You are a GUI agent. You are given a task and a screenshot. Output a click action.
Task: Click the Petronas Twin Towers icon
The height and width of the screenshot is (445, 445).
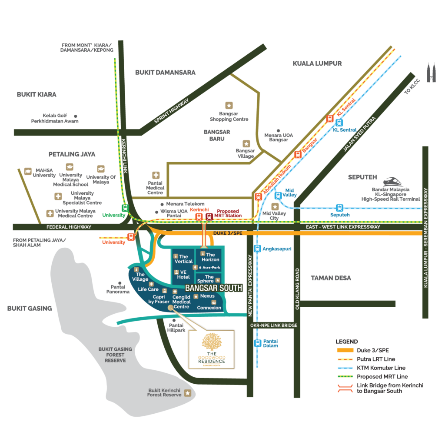point(431,73)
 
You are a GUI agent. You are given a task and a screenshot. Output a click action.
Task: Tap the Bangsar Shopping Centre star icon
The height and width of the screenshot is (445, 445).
point(229,105)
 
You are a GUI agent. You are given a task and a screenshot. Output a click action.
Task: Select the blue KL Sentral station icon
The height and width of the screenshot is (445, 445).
point(339,123)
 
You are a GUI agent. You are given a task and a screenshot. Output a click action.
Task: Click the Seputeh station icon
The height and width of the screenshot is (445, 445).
point(339,208)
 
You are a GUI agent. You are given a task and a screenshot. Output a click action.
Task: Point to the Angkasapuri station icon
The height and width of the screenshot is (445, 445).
point(257,249)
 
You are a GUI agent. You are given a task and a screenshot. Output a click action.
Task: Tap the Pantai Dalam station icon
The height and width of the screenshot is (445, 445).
point(257,343)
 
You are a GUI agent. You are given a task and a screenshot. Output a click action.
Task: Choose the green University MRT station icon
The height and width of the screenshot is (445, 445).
point(125,208)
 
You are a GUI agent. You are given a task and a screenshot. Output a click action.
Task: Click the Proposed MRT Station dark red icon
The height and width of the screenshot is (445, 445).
point(209,217)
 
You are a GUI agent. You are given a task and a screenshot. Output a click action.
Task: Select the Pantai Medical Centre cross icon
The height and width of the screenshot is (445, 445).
point(156,175)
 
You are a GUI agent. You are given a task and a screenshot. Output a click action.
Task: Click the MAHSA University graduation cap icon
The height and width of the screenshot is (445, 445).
point(28,171)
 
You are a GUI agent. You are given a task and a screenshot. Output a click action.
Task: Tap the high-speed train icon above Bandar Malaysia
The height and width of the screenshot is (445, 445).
point(393,182)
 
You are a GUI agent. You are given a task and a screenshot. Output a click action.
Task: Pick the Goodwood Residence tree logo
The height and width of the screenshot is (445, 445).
point(212,342)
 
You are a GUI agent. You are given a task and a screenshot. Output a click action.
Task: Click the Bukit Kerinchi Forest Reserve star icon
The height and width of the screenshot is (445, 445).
point(188,393)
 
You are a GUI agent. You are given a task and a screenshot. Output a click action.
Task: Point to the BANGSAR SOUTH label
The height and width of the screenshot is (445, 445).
point(214,288)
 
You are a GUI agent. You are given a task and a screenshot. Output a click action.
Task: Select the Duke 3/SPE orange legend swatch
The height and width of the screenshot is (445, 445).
point(345,350)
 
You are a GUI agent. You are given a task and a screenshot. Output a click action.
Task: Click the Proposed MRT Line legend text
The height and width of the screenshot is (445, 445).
point(382,377)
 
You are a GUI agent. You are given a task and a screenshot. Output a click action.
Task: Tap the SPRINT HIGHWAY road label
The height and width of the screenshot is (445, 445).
point(171,111)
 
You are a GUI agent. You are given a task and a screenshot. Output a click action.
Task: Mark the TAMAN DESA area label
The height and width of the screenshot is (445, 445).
point(331,278)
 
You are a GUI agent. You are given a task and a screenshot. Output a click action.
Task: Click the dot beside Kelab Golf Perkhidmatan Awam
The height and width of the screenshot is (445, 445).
point(76,116)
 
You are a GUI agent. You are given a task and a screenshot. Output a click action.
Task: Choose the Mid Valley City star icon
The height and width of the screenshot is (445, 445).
point(275,206)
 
